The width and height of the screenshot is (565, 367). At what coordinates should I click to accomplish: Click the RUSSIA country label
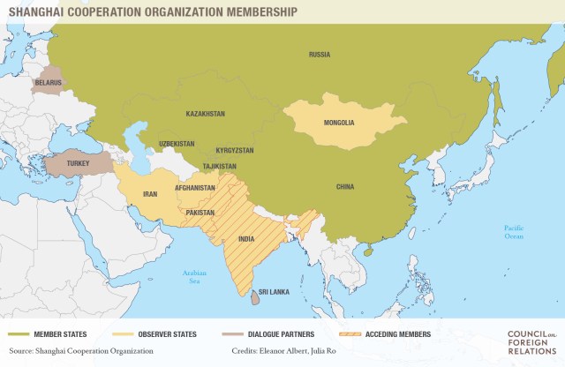click(320, 55)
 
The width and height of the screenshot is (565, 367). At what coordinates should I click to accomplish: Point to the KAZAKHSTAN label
click(206, 114)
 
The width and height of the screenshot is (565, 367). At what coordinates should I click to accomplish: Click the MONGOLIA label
click(340, 123)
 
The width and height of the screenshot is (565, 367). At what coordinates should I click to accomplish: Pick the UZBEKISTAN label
click(177, 143)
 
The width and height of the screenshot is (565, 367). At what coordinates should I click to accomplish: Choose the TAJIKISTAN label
click(218, 166)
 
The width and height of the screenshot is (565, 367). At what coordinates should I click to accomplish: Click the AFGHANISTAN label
click(194, 188)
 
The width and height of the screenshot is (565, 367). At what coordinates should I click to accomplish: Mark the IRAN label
click(151, 196)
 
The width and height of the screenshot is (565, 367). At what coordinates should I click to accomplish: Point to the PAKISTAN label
click(201, 213)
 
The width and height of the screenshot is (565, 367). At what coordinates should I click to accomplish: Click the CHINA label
click(345, 186)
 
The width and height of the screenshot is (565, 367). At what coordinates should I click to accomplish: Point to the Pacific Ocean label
click(513, 232)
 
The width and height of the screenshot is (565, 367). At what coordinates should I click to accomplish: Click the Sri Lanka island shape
click(254, 299)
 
